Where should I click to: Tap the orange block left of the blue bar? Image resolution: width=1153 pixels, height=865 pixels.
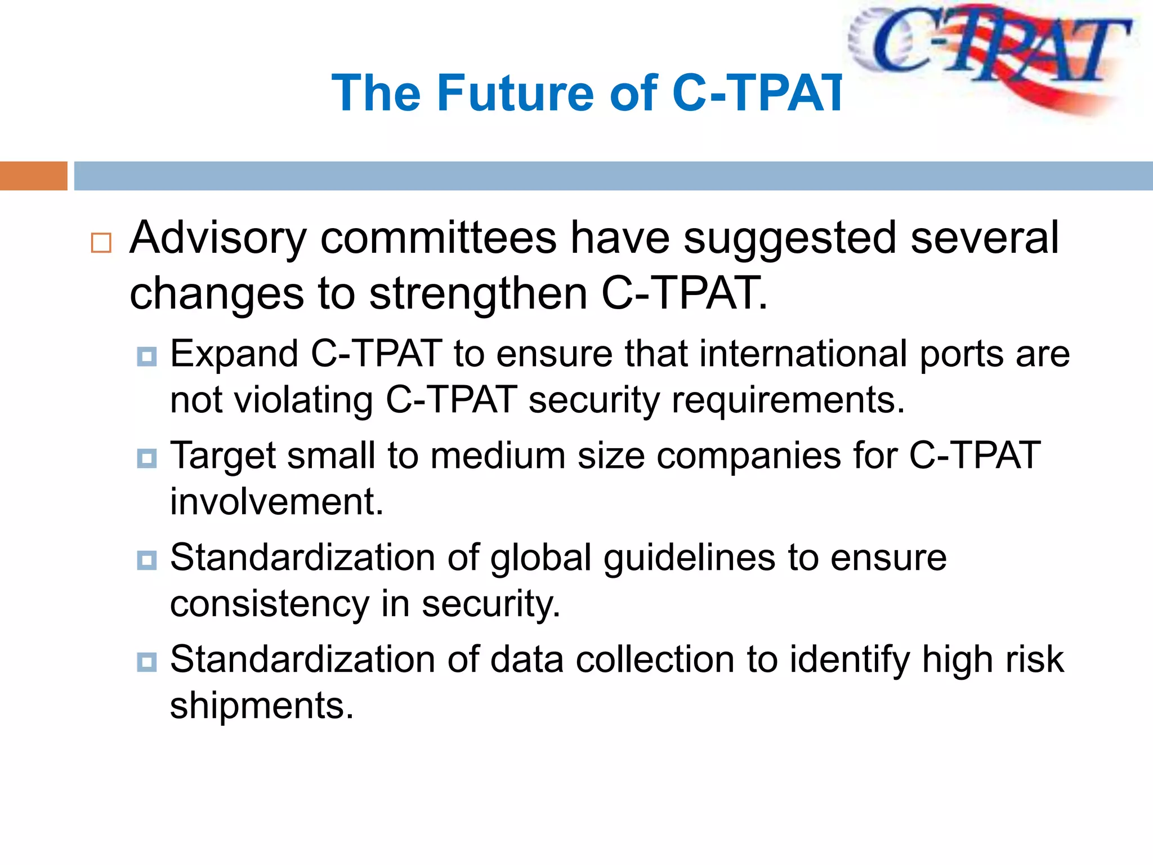[x=33, y=176]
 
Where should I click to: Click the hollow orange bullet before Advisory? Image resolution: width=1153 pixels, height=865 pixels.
[x=101, y=243]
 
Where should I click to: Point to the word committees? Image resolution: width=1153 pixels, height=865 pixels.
[x=438, y=238]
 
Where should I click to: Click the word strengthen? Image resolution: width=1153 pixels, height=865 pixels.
[x=478, y=293]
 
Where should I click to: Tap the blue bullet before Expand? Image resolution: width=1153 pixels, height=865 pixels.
[x=147, y=356]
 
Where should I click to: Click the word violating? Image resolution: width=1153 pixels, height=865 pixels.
[x=303, y=400]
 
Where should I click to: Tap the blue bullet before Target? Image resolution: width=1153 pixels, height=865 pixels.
[x=147, y=458]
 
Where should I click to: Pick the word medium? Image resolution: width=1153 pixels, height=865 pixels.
[x=498, y=456]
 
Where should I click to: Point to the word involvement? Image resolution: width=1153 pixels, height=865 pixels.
[x=276, y=502]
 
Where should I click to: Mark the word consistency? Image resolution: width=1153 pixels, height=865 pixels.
[x=269, y=605]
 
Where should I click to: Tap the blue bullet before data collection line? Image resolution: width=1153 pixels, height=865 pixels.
[x=147, y=662]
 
